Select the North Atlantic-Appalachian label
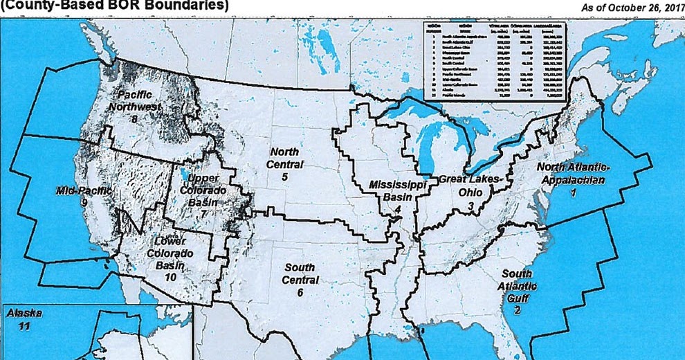click(x=572, y=174)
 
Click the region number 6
click(x=300, y=293)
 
